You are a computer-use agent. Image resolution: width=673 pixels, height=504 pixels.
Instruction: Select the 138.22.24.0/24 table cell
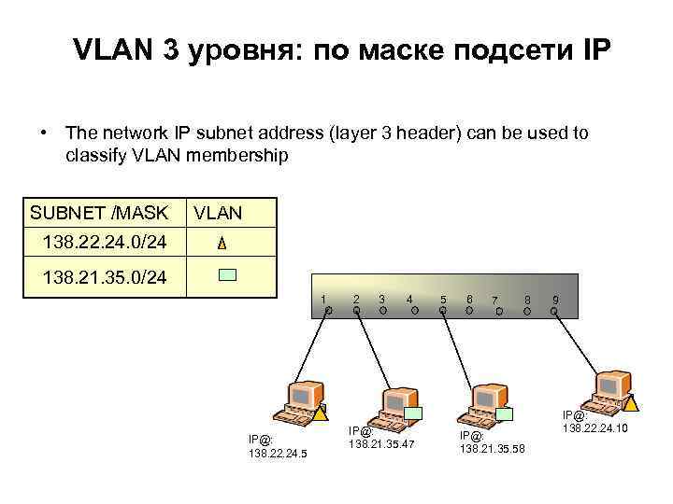tap(105, 243)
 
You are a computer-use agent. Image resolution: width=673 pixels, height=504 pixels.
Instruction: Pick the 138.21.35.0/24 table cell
tap(105, 279)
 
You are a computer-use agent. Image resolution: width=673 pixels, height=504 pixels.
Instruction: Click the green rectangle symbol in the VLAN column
tap(228, 276)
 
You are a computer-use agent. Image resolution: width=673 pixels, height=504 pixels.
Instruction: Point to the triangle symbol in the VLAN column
tap(221, 244)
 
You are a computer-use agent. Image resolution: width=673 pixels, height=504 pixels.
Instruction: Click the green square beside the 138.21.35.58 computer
tap(506, 413)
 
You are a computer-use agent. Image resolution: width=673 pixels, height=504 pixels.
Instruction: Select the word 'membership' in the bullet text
tap(238, 154)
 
